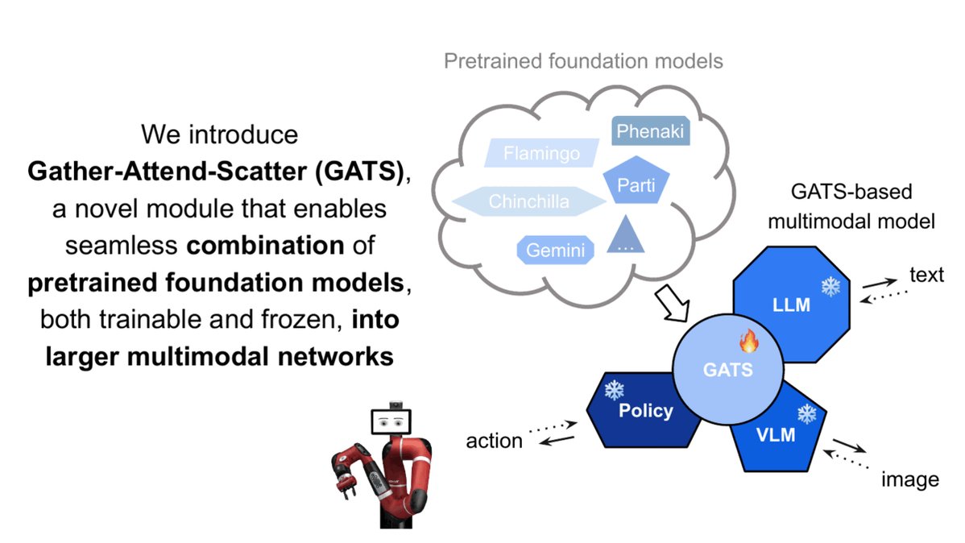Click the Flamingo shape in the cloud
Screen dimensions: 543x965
point(541,152)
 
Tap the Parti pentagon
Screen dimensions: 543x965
point(636,186)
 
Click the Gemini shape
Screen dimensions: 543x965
point(554,250)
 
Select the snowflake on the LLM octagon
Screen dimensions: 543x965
point(829,286)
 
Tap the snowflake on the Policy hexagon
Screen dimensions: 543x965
point(615,391)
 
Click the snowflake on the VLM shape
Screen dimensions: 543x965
point(806,415)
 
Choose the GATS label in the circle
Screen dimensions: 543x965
point(726,371)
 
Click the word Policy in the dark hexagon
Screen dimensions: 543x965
point(645,411)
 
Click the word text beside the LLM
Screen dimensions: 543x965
point(926,276)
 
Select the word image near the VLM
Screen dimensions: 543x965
point(910,480)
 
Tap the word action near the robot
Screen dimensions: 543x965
point(494,441)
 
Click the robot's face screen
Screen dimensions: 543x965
point(390,421)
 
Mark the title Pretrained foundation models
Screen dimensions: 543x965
point(584,60)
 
